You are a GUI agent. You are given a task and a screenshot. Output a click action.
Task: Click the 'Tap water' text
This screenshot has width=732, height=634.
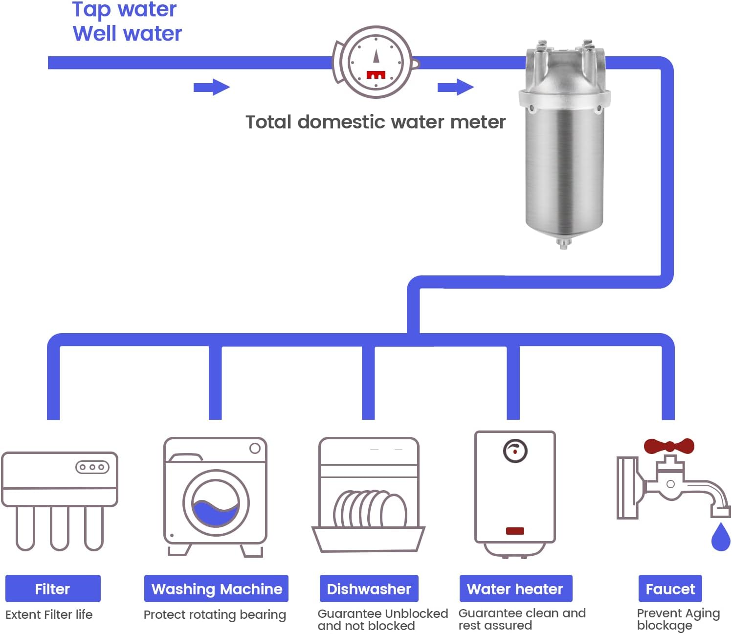124,10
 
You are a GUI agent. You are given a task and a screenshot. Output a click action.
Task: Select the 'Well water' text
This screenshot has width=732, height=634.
127,34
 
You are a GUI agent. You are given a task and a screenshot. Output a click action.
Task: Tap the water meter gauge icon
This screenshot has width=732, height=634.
376,62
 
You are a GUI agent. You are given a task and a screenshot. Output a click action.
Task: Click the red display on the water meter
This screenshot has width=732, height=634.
376,75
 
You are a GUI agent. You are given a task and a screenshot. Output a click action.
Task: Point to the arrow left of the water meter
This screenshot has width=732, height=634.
211,88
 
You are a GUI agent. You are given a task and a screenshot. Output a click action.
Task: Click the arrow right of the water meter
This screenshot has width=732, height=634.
455,88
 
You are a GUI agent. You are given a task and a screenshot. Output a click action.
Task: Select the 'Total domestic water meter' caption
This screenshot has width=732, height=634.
375,122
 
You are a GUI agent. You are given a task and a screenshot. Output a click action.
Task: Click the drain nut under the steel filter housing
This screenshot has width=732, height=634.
563,243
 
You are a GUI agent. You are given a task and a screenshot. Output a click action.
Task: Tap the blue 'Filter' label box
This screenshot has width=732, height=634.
53,589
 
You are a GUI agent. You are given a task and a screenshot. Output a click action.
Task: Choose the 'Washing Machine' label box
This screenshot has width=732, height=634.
216,589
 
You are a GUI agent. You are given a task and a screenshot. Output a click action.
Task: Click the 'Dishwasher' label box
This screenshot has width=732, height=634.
369,589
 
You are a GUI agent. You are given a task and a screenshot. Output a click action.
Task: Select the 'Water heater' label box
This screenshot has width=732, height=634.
515,589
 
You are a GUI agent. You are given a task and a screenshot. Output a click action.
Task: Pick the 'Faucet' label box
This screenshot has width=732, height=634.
670,589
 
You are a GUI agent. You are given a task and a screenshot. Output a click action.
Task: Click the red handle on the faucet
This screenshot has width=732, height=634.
668,446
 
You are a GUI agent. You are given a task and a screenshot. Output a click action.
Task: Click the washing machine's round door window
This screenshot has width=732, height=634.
216,503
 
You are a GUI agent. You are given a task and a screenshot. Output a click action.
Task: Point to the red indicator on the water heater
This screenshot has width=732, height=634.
515,531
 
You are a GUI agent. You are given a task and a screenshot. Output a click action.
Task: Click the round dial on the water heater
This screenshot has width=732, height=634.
515,451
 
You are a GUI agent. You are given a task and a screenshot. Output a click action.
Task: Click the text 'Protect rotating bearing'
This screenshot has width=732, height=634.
215,615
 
